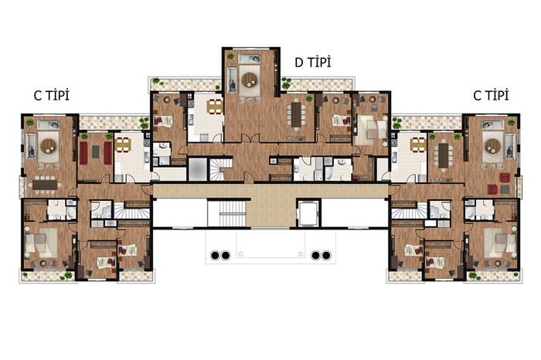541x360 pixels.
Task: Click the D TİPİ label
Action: click(x=312, y=62)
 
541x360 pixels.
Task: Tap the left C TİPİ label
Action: click(x=52, y=95)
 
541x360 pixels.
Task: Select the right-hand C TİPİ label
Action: click(x=491, y=95)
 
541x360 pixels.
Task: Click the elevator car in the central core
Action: click(x=308, y=212)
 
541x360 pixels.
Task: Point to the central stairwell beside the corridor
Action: click(x=232, y=212)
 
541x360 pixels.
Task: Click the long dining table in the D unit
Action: click(x=296, y=115)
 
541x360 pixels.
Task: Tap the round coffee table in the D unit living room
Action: click(x=250, y=80)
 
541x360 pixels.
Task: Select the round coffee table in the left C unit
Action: click(x=48, y=146)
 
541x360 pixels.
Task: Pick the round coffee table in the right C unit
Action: click(x=493, y=146)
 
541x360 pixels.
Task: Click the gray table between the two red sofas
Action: click(x=96, y=151)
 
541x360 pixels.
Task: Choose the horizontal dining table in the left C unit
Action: click(x=45, y=185)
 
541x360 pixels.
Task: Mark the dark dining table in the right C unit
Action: click(x=444, y=155)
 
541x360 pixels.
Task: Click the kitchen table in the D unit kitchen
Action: click(x=215, y=107)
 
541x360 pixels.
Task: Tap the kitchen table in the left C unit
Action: click(x=124, y=144)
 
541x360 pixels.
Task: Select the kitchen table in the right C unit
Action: click(x=418, y=144)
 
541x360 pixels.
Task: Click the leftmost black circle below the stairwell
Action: click(x=215, y=256)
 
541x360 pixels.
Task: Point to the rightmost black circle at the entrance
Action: click(x=326, y=256)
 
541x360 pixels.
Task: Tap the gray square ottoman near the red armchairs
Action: click(x=505, y=189)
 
